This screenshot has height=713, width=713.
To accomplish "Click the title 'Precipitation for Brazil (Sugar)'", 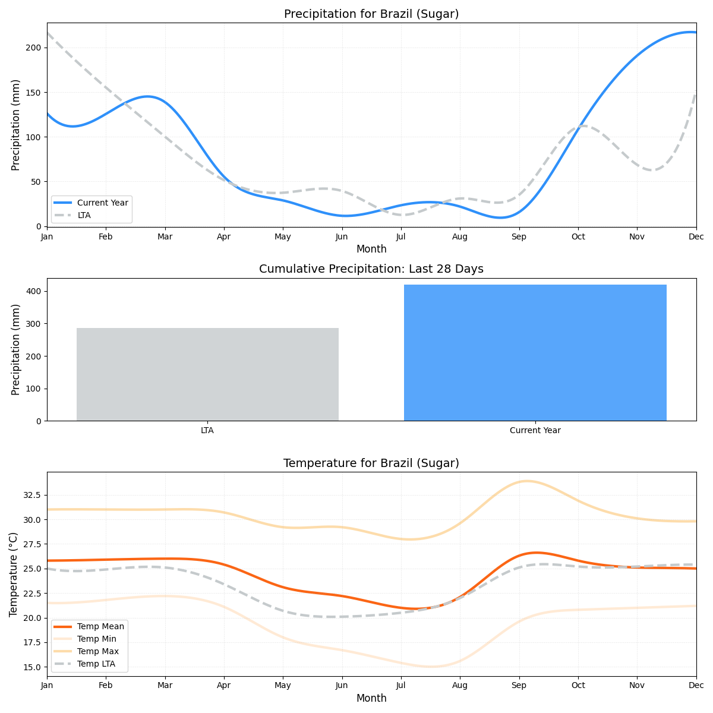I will point(371,14).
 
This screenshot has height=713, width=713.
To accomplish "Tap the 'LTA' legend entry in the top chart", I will point(84,215).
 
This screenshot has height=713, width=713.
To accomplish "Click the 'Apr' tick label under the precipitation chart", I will point(223,236).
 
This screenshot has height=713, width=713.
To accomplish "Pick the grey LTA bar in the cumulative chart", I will point(207,374).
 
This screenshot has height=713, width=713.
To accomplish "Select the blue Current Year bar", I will point(535,352).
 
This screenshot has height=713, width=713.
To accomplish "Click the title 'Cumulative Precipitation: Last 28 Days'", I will point(371,269).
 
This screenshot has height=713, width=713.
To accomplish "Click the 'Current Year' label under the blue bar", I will point(535,431).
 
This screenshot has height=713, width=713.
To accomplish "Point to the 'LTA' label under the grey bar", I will point(207,431).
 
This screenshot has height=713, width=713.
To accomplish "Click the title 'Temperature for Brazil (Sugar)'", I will point(371,463).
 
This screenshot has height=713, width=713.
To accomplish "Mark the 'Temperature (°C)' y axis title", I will point(14,574).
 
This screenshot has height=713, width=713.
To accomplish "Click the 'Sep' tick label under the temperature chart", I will point(519,686).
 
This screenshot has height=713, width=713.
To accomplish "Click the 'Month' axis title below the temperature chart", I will point(371,698).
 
